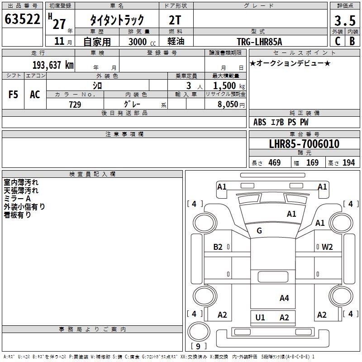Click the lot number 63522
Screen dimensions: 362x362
(22, 19)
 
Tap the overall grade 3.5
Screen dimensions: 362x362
(345, 21)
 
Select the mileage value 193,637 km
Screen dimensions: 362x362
(53, 65)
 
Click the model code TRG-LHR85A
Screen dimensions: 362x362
(259, 42)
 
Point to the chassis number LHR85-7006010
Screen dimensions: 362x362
(304, 144)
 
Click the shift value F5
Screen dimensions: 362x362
(13, 95)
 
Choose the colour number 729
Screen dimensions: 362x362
(75, 105)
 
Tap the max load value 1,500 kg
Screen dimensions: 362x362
(229, 86)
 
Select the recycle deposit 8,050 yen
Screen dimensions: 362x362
(231, 105)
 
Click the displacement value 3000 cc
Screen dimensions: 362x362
(142, 42)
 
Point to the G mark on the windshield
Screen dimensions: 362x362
(259, 231)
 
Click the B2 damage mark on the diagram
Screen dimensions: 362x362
(218, 247)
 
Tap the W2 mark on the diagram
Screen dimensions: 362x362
(327, 247)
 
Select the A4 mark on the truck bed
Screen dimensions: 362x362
(284, 298)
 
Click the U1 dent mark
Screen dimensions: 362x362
(260, 318)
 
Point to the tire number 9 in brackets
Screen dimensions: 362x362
(198, 346)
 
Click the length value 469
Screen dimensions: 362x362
(275, 163)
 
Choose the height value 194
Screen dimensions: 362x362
(348, 163)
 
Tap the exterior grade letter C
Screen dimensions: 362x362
(338, 41)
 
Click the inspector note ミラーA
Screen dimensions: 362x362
(17, 199)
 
